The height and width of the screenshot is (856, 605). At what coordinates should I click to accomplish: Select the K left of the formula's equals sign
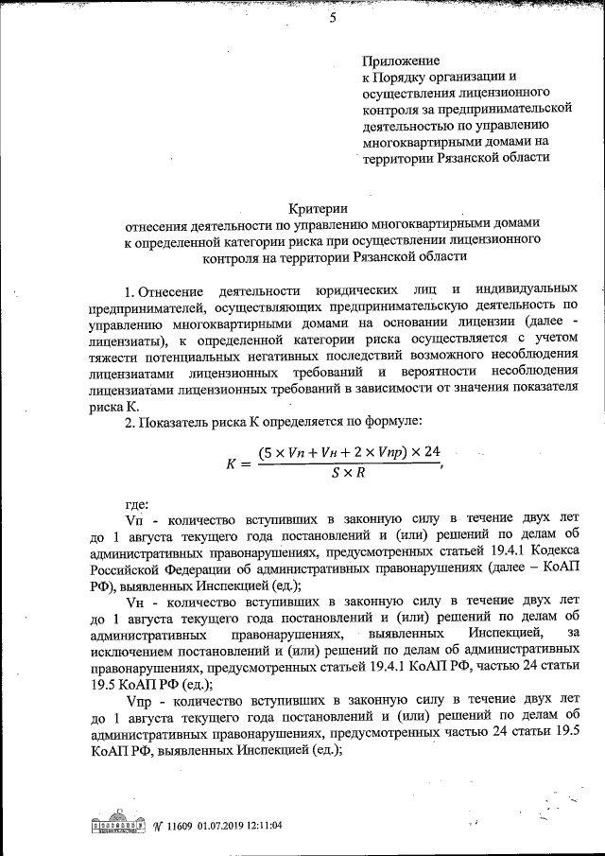[232, 463]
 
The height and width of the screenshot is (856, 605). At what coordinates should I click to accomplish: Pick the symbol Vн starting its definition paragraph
[134, 601]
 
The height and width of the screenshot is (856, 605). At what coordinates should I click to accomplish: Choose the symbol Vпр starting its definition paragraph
[138, 699]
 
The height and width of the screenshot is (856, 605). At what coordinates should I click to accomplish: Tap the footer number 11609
[180, 825]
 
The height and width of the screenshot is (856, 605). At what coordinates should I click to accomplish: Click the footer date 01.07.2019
[222, 825]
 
